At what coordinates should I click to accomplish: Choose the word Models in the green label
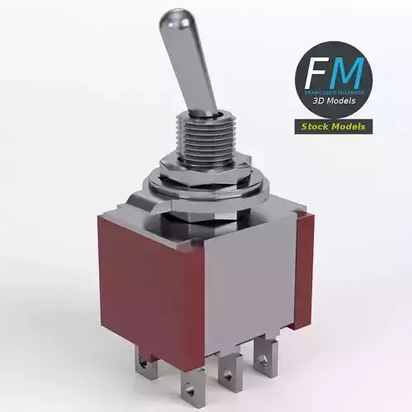[349, 127]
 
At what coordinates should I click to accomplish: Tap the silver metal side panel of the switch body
[247, 272]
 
